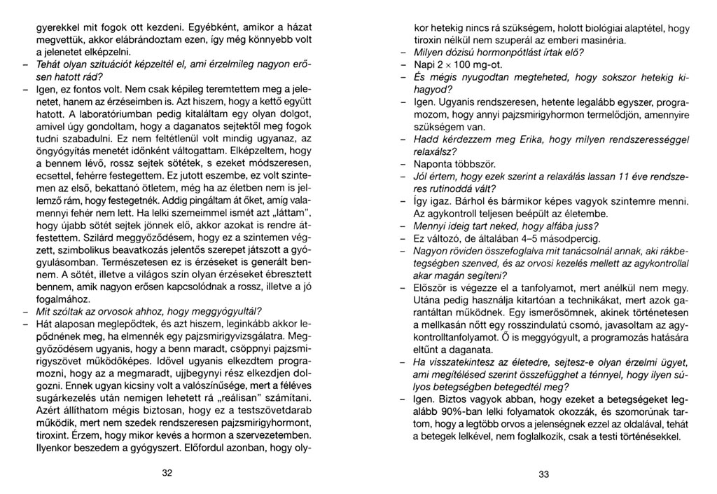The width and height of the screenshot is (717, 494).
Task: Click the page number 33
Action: [544, 474]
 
